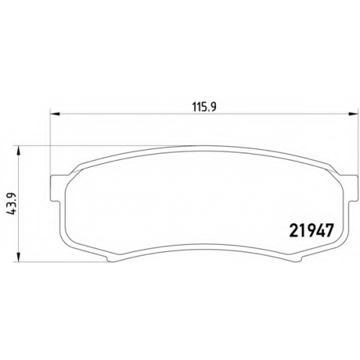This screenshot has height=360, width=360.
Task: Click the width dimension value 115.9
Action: click(204, 107)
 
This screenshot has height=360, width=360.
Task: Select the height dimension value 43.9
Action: click(12, 203)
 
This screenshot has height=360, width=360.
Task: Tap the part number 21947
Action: click(312, 230)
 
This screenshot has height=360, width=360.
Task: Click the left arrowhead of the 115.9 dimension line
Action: click(55, 114)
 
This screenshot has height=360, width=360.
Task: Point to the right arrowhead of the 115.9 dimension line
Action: click(353, 114)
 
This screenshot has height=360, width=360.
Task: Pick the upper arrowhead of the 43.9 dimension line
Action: click(19, 150)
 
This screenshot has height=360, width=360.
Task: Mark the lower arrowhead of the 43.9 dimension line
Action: click(19, 256)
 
